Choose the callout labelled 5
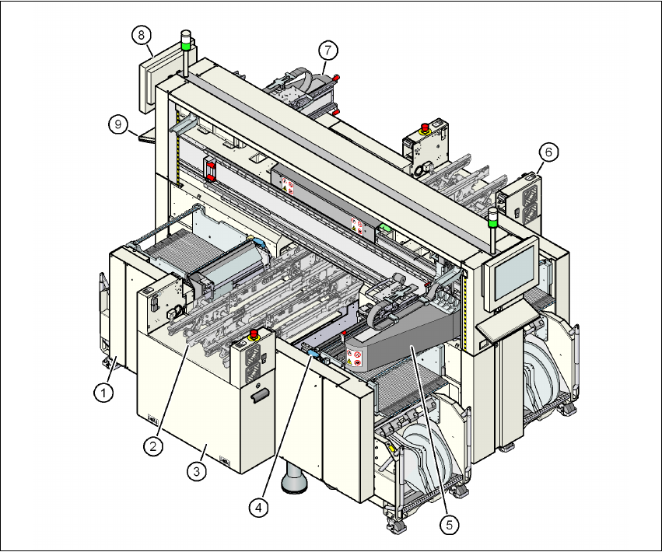click(x=449, y=525)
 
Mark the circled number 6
click(x=548, y=153)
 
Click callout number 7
click(x=327, y=50)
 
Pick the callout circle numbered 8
click(x=141, y=34)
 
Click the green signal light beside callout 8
click(x=186, y=45)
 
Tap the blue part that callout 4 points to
click(x=313, y=355)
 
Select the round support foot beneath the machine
click(x=296, y=482)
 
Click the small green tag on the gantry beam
click(x=386, y=229)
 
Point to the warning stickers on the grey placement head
click(x=356, y=358)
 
